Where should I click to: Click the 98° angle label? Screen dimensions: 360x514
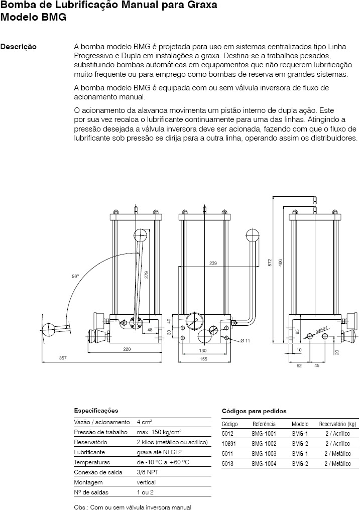point(75,277)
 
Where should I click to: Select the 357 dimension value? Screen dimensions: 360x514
point(63,358)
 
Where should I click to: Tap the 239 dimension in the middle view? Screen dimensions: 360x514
point(213,263)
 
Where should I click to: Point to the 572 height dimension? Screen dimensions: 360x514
point(270,263)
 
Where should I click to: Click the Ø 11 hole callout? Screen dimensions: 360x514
point(245,341)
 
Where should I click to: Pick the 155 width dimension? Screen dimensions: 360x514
point(203,359)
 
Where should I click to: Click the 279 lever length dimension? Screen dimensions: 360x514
point(147,275)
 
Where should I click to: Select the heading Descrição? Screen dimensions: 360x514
point(19,47)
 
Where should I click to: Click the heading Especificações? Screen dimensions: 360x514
point(96,411)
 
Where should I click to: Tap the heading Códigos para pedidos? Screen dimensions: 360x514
point(254,411)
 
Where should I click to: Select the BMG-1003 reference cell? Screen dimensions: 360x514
point(264,454)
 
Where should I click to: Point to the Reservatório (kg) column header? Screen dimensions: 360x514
point(337,424)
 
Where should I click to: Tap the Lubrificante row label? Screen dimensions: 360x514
point(89,452)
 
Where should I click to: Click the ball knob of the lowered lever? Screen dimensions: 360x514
point(49,329)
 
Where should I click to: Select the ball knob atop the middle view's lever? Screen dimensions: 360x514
point(253,235)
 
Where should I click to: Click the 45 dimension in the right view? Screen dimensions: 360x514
point(317,365)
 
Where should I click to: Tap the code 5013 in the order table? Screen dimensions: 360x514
point(227,464)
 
